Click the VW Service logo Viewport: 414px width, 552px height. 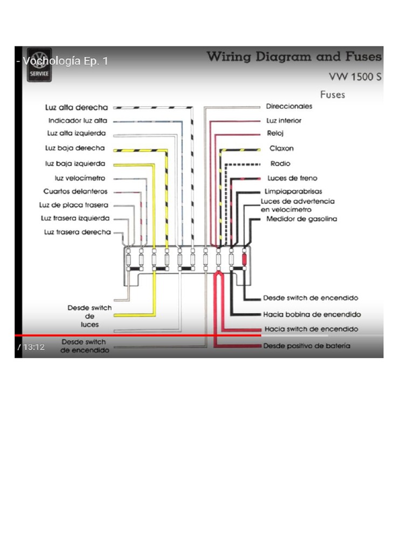[39, 66]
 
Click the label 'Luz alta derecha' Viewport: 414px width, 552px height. [77, 107]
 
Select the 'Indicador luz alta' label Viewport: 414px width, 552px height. [78, 121]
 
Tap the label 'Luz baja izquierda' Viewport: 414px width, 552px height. [75, 163]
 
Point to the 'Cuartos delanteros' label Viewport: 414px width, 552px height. [75, 191]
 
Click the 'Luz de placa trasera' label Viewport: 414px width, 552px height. [74, 205]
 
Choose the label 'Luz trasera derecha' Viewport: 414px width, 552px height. [77, 232]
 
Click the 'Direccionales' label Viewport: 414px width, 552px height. [289, 107]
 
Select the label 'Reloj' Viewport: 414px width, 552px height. [275, 133]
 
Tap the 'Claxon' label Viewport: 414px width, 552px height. [282, 148]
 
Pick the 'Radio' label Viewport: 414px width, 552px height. [280, 163]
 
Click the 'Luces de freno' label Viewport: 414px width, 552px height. [292, 178]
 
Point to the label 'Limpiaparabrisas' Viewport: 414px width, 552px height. [293, 191]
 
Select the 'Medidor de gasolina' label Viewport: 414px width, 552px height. [301, 219]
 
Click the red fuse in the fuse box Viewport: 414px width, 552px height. [244, 260]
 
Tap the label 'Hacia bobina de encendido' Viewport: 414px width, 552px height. [312, 314]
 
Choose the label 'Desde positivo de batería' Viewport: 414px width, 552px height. [307, 346]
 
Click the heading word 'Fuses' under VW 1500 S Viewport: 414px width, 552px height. [333, 95]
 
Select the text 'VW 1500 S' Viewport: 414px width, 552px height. [355, 77]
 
